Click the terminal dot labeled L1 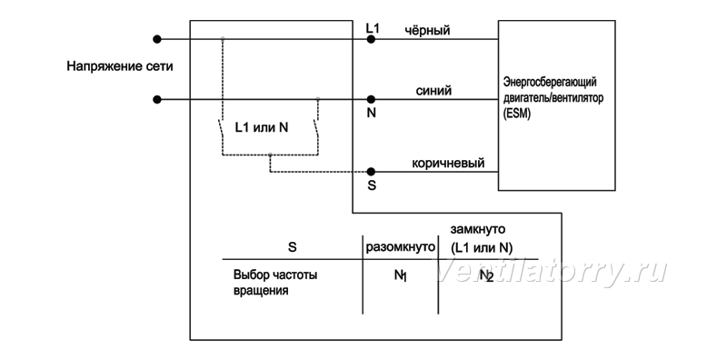click(x=371, y=39)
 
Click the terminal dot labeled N click(x=371, y=99)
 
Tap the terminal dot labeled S click(x=371, y=172)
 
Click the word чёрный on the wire click(x=427, y=31)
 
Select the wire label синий click(x=433, y=91)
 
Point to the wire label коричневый click(x=448, y=164)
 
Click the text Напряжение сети click(x=120, y=66)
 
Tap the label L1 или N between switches click(x=262, y=127)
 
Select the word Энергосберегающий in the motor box click(x=550, y=82)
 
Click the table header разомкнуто click(x=401, y=247)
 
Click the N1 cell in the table click(x=400, y=275)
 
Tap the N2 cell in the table click(x=486, y=275)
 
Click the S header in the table click(x=292, y=247)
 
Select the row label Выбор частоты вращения click(x=275, y=283)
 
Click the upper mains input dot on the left click(x=157, y=39)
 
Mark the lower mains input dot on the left click(x=157, y=99)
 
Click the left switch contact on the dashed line click(x=221, y=129)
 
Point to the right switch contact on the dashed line click(x=316, y=129)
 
